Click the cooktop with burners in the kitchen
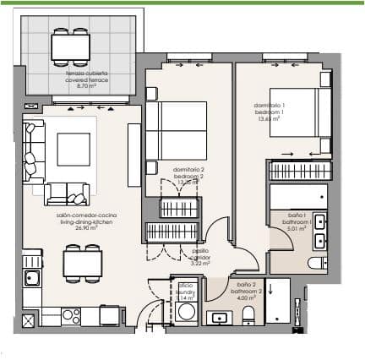coord(69,315)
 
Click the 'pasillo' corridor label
coord(199,251)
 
